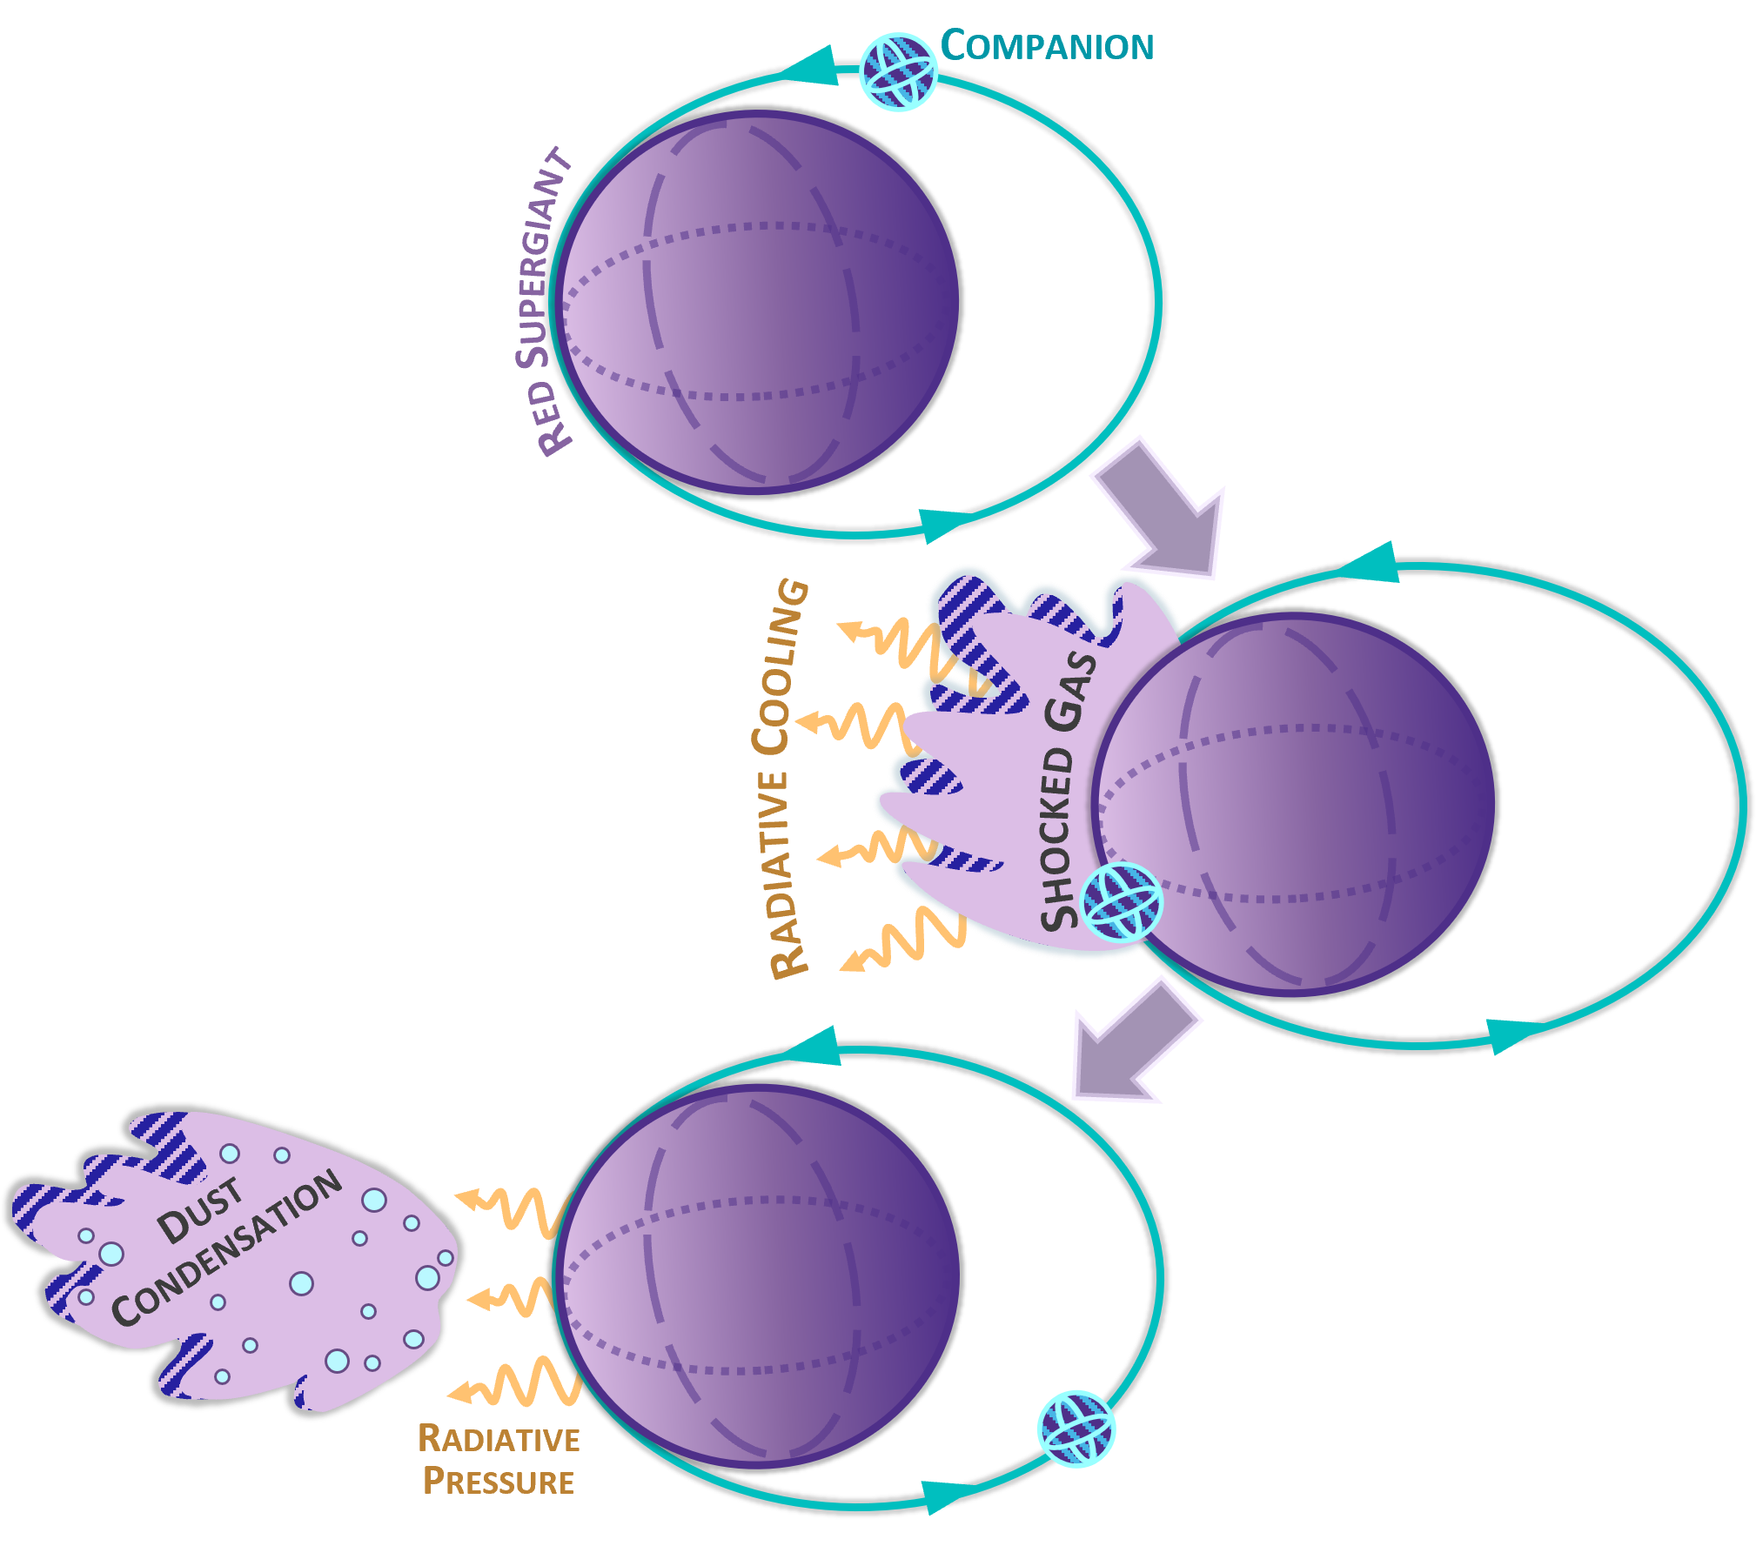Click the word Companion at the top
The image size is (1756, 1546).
(1048, 46)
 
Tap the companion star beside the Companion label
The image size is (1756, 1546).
(898, 71)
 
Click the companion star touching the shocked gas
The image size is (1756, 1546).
(1121, 901)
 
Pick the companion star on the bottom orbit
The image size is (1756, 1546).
(1076, 1429)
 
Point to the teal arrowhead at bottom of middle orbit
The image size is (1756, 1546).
(1511, 1035)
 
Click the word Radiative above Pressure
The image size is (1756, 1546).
(499, 1439)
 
